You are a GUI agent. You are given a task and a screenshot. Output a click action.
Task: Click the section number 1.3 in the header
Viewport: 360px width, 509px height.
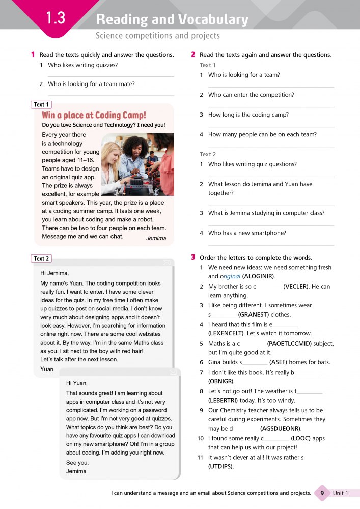click(x=56, y=19)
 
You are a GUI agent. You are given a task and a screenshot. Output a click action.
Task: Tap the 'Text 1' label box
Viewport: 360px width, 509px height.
click(x=41, y=105)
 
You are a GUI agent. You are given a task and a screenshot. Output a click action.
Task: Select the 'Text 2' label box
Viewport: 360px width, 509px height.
click(x=41, y=259)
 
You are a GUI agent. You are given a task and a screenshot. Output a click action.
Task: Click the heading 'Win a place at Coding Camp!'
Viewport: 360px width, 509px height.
click(x=94, y=115)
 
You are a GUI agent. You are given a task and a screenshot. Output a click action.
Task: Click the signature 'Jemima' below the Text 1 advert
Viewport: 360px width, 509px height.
click(x=156, y=238)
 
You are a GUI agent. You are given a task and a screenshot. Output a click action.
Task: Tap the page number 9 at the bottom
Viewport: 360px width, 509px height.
click(x=322, y=493)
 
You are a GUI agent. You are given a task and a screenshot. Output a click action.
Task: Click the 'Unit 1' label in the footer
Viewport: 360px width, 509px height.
click(x=341, y=493)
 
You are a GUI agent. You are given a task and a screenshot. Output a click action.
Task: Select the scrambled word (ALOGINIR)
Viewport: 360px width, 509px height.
click(x=259, y=276)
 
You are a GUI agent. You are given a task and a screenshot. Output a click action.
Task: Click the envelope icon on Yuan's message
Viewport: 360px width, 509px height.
click(x=167, y=263)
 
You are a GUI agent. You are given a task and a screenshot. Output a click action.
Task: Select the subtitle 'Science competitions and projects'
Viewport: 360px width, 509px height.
click(x=158, y=36)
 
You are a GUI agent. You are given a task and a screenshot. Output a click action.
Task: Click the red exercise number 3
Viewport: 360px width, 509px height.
click(x=193, y=257)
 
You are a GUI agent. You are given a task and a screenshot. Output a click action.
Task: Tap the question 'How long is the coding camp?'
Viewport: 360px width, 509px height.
click(x=248, y=115)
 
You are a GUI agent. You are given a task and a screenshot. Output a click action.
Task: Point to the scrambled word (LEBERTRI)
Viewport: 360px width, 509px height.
click(x=223, y=401)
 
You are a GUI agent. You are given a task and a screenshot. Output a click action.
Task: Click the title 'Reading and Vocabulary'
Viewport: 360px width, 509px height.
click(x=172, y=20)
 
